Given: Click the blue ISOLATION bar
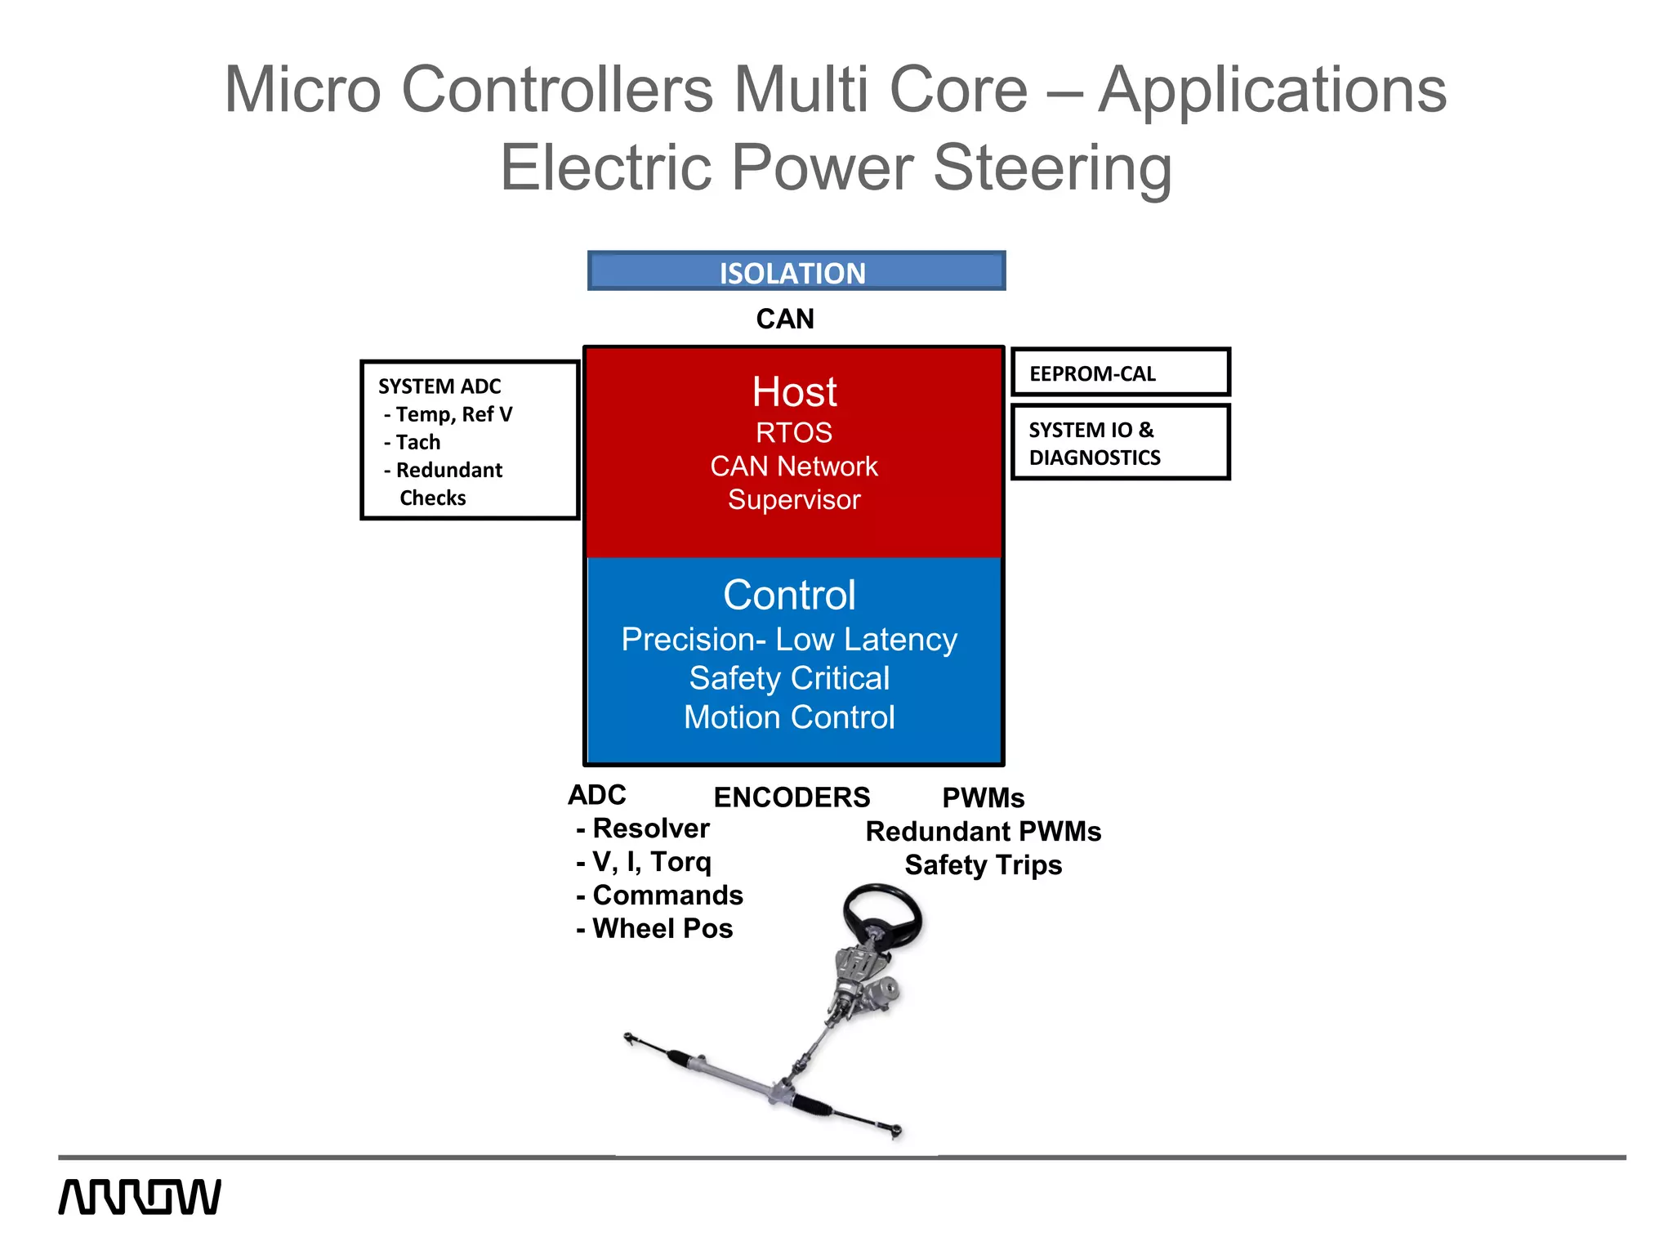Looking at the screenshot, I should (796, 271).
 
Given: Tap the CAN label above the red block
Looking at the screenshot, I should (785, 319).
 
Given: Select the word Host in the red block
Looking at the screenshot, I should (794, 392).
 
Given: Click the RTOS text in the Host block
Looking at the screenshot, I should (794, 432).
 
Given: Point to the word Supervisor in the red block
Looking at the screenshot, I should (794, 499).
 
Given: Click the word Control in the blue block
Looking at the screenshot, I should (789, 595).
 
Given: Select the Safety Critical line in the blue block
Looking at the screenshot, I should (789, 678).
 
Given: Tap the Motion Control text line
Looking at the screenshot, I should (789, 717).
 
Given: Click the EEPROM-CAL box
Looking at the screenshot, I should (1120, 373).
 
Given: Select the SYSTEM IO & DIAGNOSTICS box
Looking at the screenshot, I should (1120, 442).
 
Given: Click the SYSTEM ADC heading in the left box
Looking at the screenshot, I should (439, 386).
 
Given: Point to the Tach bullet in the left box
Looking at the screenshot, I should (417, 442).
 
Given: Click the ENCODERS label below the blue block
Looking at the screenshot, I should (792, 797).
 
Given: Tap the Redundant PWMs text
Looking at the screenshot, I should (983, 832).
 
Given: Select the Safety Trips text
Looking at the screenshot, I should (983, 865).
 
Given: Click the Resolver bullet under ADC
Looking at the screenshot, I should (650, 828).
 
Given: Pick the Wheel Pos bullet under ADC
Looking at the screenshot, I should (662, 929).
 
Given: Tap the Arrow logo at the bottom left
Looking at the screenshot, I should (140, 1197).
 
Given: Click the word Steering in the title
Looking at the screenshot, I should (1052, 167).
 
